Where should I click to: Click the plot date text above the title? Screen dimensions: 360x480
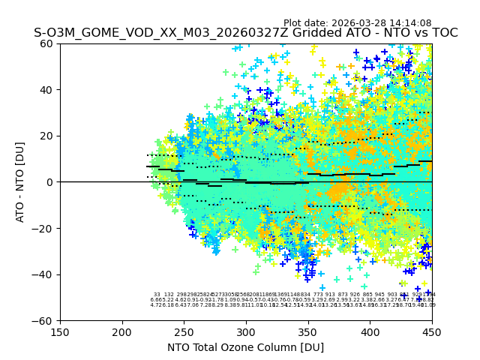tap(357, 23)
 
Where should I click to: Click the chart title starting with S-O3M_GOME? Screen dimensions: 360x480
tap(245, 34)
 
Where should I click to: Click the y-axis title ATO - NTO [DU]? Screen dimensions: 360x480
tap(20, 182)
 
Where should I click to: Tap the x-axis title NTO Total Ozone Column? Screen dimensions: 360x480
tap(245, 347)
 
